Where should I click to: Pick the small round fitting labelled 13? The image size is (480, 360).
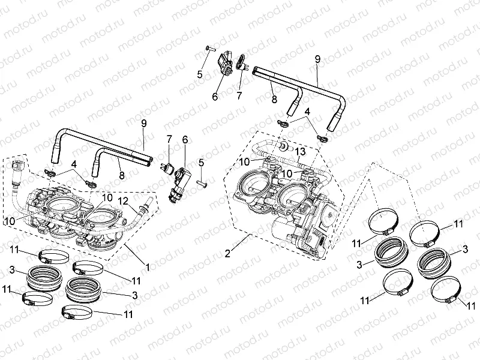[x=282, y=146]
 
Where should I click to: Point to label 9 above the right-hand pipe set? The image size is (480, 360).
[x=317, y=59]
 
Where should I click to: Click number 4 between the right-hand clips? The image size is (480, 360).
[x=307, y=112]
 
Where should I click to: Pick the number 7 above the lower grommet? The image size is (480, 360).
[x=169, y=139]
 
